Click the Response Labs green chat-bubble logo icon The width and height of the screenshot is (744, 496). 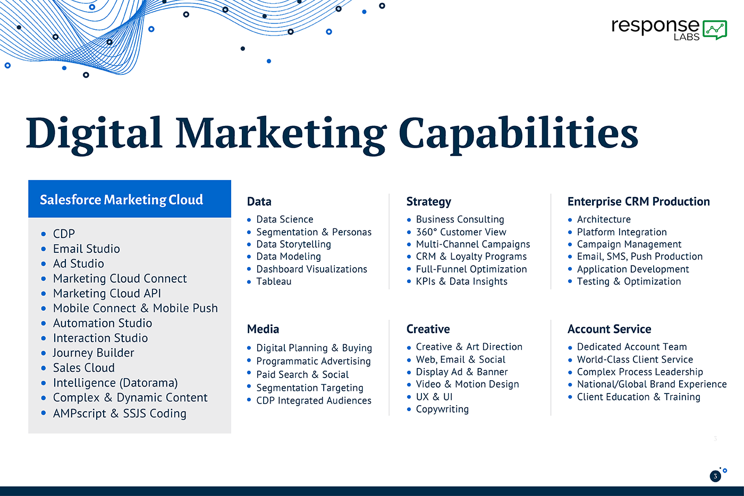click(x=715, y=30)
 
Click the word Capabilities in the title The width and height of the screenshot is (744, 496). click(x=518, y=135)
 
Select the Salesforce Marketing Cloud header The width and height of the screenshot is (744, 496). click(x=122, y=200)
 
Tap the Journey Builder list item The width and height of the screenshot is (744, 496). click(x=94, y=353)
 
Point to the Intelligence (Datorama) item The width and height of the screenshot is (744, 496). click(x=116, y=383)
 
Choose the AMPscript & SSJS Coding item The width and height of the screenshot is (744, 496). click(x=120, y=413)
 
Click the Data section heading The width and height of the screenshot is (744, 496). click(x=259, y=201)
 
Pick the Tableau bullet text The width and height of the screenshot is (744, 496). click(x=274, y=281)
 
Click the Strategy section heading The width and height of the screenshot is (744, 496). click(x=429, y=202)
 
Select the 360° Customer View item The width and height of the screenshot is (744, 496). click(x=461, y=232)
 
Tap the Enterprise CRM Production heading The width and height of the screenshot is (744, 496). click(x=639, y=201)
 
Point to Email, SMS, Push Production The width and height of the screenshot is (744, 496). click(x=640, y=256)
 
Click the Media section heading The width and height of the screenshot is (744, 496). click(x=263, y=329)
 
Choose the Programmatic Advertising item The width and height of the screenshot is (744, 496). click(x=314, y=361)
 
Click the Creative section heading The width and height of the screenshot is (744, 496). click(x=428, y=329)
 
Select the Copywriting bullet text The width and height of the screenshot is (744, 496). click(x=442, y=409)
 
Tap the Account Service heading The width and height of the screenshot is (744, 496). click(x=610, y=329)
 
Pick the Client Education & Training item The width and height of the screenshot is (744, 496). click(x=639, y=397)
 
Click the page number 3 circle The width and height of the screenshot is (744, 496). click(x=715, y=476)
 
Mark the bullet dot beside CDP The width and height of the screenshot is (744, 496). click(x=44, y=234)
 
